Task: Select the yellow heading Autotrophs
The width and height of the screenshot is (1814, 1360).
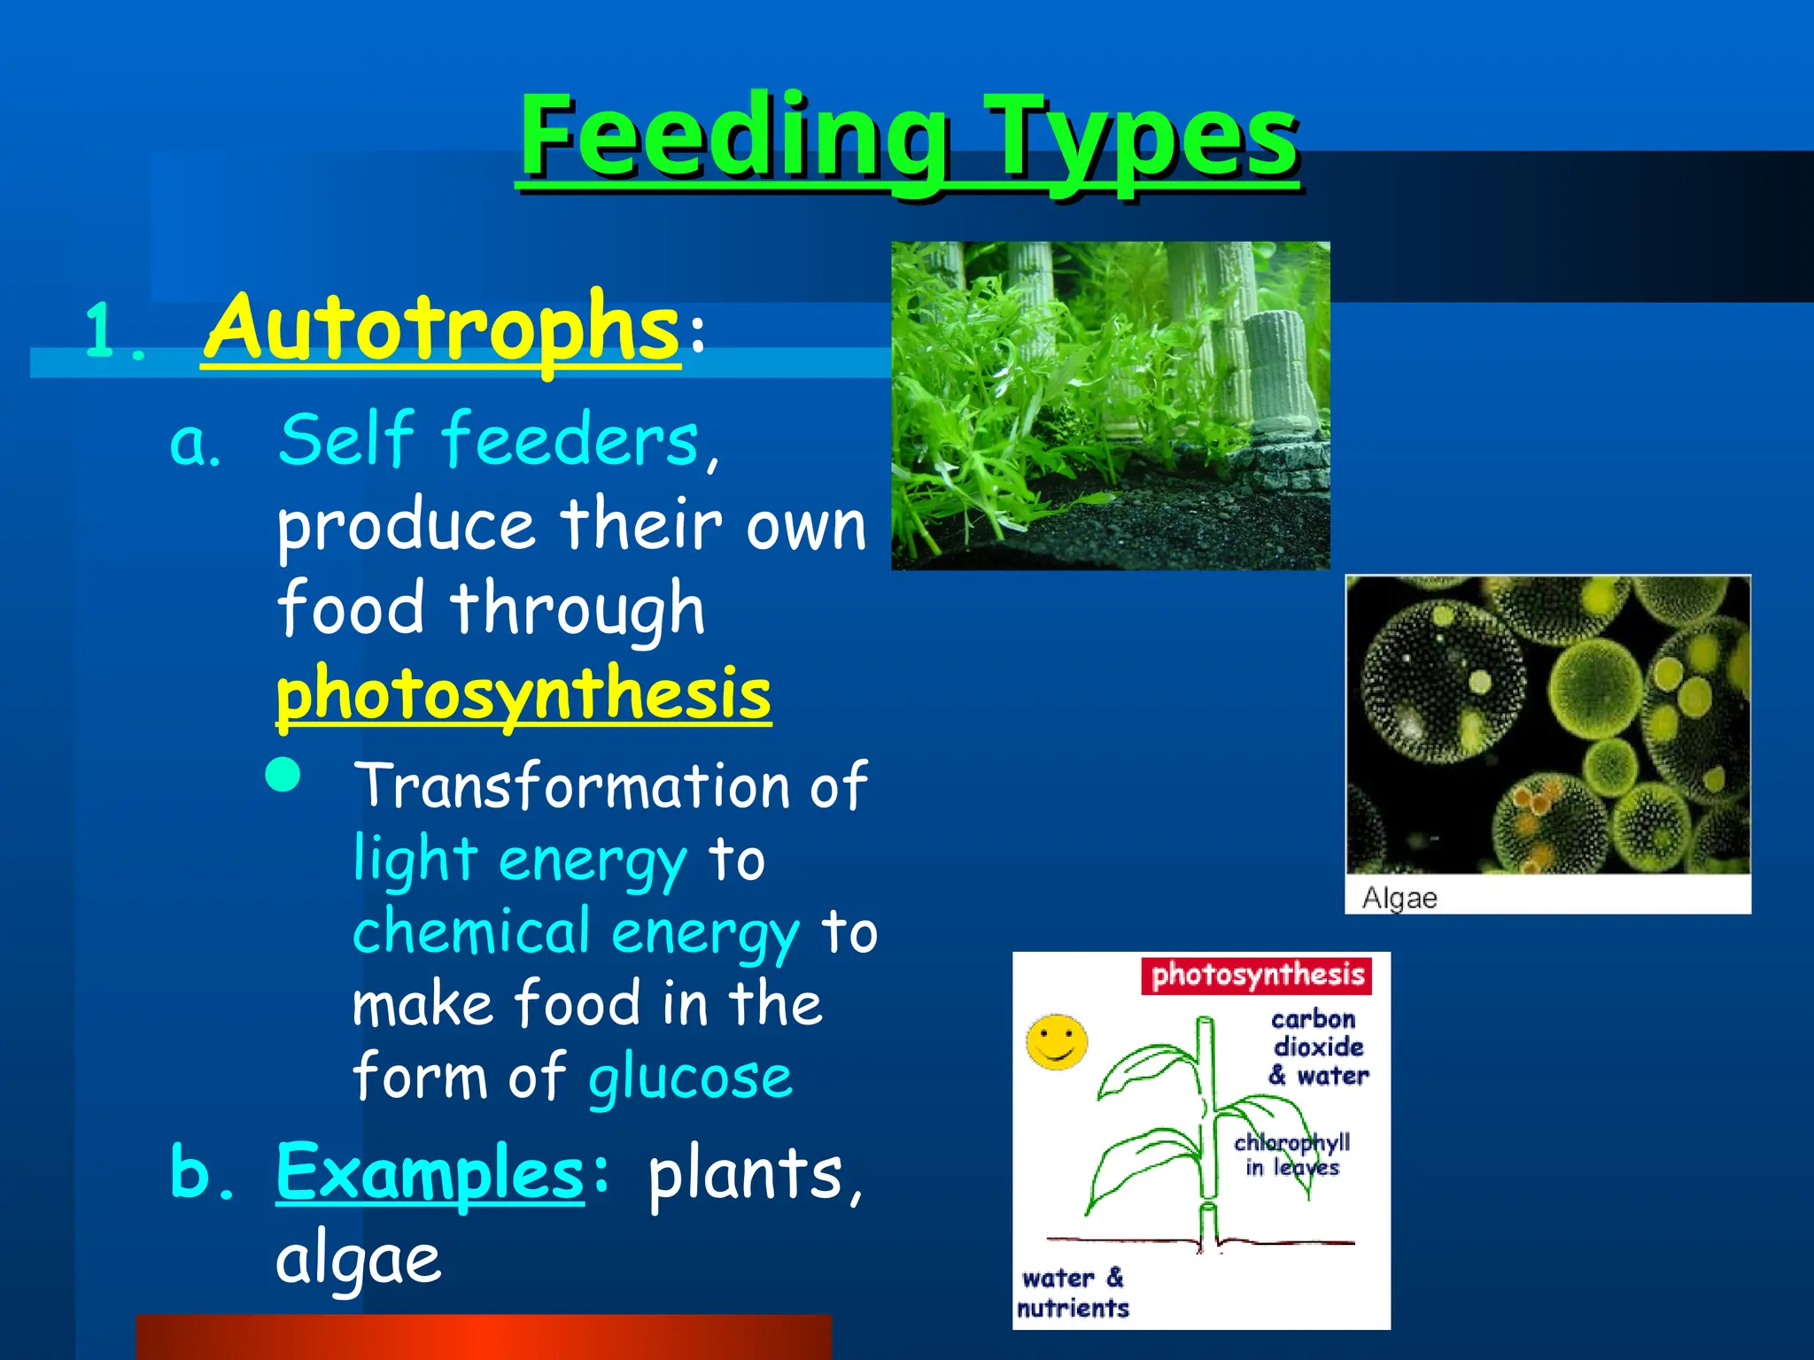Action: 441,329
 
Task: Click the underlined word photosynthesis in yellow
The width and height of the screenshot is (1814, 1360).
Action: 523,694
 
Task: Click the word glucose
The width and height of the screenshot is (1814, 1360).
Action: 690,1078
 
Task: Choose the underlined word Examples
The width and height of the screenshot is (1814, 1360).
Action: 430,1173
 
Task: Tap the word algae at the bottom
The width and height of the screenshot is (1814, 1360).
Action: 358,1259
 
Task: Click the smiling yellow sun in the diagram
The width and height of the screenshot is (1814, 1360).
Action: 1056,1042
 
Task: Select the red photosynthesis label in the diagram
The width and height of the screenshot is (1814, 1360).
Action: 1256,976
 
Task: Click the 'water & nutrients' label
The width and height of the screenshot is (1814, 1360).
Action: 1073,1293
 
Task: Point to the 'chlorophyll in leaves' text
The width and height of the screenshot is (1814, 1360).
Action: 1291,1155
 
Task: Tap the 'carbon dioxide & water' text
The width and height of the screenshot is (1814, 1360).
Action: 1317,1047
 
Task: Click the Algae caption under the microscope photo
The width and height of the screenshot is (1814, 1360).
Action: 1399,898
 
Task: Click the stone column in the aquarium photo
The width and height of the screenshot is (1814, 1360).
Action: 1275,372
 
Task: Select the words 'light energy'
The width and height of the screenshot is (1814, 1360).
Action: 520,860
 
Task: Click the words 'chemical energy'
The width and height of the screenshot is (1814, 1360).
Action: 576,932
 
